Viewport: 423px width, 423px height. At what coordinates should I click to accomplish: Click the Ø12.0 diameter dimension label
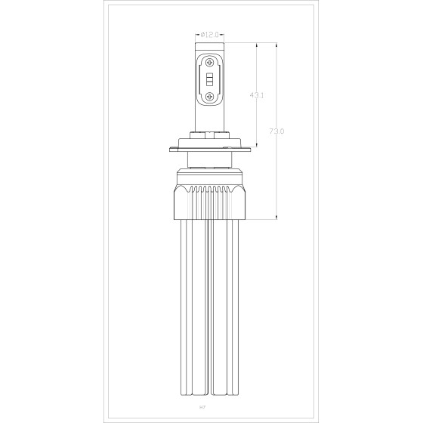tap(211, 34)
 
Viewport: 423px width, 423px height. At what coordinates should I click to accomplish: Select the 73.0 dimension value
tap(276, 131)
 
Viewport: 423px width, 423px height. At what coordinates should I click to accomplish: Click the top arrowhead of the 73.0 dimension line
tap(279, 46)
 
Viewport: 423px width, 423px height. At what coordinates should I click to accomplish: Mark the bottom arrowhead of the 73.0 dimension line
tap(279, 218)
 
